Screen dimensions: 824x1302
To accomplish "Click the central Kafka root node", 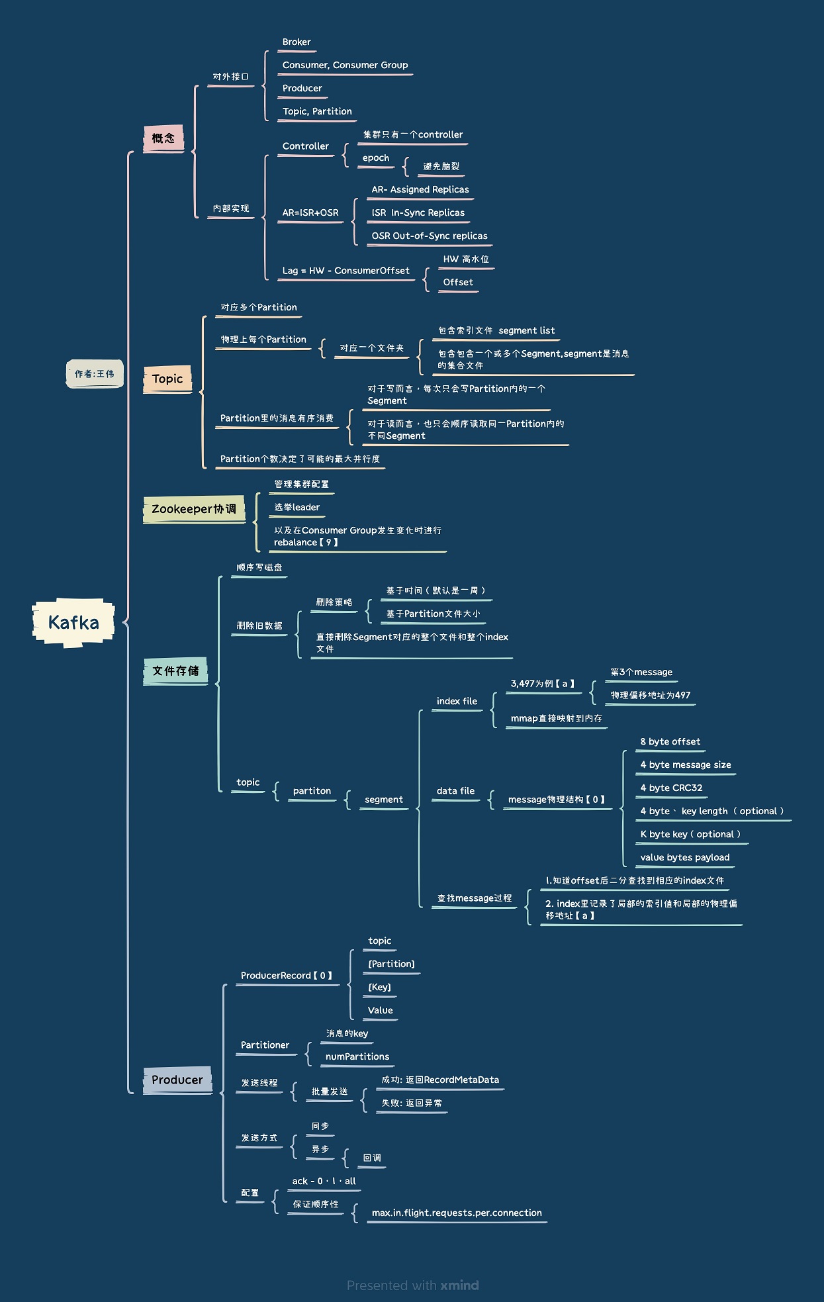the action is coord(73,622).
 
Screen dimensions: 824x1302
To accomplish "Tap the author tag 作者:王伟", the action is coord(95,374).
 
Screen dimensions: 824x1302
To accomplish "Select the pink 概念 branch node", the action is coord(163,138).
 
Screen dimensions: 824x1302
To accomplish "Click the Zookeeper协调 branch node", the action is coord(194,509).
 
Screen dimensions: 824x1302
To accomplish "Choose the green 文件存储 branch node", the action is coord(175,671).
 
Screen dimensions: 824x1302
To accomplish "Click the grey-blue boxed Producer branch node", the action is coord(177,1080).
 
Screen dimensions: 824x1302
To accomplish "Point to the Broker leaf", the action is coord(297,42).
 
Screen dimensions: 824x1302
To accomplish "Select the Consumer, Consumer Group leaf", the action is coord(345,65).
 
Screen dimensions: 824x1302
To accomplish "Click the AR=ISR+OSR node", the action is coord(310,213).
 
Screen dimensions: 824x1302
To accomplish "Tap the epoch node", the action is coord(376,158).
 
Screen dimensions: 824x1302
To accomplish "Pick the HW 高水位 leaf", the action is coord(466,259).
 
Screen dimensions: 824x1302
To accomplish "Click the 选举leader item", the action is coord(297,508).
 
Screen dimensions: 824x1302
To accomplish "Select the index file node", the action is coord(457,702).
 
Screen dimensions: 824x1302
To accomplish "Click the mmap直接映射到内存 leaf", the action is coord(557,719).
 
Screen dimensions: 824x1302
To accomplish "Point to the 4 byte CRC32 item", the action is coord(671,788).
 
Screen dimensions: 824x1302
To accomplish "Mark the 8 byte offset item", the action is coord(670,742).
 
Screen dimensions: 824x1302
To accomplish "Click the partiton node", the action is coord(312,791).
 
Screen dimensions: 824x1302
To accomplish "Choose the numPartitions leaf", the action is coord(357,1057).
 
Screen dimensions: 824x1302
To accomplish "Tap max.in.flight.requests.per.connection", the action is coord(457,1213).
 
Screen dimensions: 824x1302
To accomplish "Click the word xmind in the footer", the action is coord(459,1285).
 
